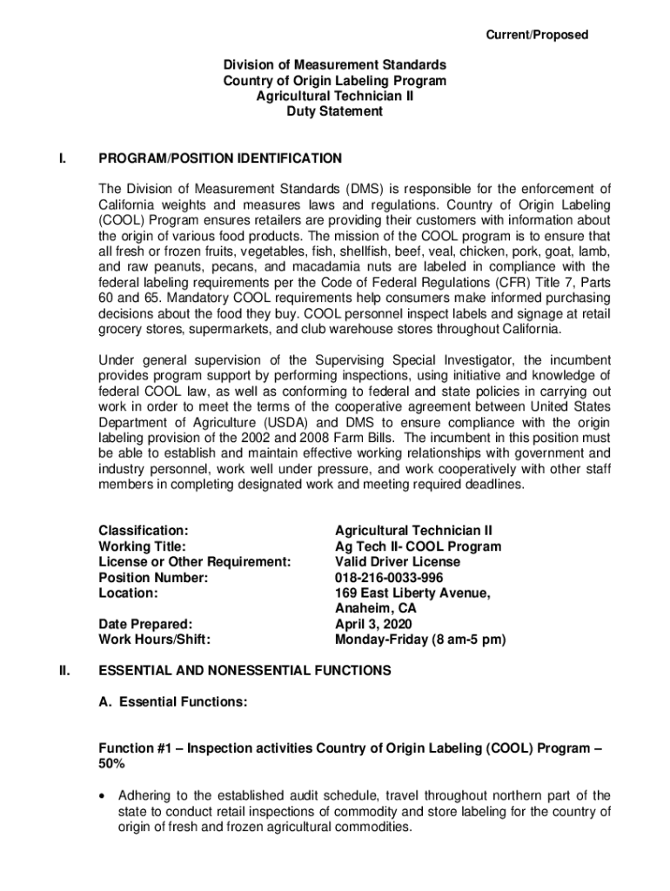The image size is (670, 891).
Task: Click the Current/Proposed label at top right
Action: point(536,35)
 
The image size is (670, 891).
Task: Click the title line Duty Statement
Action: point(334,111)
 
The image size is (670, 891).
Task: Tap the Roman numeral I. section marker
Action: point(61,158)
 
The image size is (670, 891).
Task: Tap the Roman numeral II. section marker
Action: point(63,671)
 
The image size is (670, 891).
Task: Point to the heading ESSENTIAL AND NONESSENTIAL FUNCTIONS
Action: point(245,671)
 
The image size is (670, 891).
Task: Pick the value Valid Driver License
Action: point(398,562)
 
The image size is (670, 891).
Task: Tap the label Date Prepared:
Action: point(145,624)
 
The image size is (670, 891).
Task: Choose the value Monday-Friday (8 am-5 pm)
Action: point(420,640)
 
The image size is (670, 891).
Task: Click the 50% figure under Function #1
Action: point(111,764)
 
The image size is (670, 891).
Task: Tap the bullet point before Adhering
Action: point(104,796)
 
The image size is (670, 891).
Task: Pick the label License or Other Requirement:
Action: point(194,562)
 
